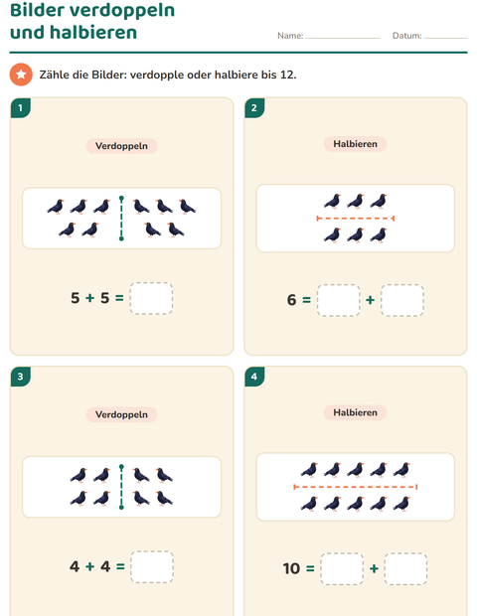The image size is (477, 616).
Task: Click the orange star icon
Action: (21, 75)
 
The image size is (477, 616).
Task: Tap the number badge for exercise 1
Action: (21, 108)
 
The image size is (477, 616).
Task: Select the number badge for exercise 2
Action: (254, 108)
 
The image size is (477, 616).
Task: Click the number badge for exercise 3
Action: (21, 377)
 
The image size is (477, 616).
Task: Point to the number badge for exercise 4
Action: (254, 377)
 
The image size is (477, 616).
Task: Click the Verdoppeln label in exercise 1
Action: (122, 146)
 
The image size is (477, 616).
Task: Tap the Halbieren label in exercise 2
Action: (355, 144)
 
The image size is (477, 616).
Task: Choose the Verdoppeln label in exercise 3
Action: (122, 414)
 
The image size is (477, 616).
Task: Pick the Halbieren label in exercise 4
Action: (355, 412)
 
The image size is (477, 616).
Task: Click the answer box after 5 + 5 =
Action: (151, 298)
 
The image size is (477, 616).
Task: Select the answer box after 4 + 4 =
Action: (152, 567)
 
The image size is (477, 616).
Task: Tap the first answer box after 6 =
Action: (339, 300)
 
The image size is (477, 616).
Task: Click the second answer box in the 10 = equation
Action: (405, 569)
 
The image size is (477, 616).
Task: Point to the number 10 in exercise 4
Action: (291, 568)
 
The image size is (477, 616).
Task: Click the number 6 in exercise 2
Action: (291, 300)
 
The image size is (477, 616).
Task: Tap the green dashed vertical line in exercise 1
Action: (121, 219)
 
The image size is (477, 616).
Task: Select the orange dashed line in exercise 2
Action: (355, 218)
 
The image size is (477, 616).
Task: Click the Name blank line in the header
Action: (343, 38)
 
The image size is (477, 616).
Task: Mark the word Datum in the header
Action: (406, 36)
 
